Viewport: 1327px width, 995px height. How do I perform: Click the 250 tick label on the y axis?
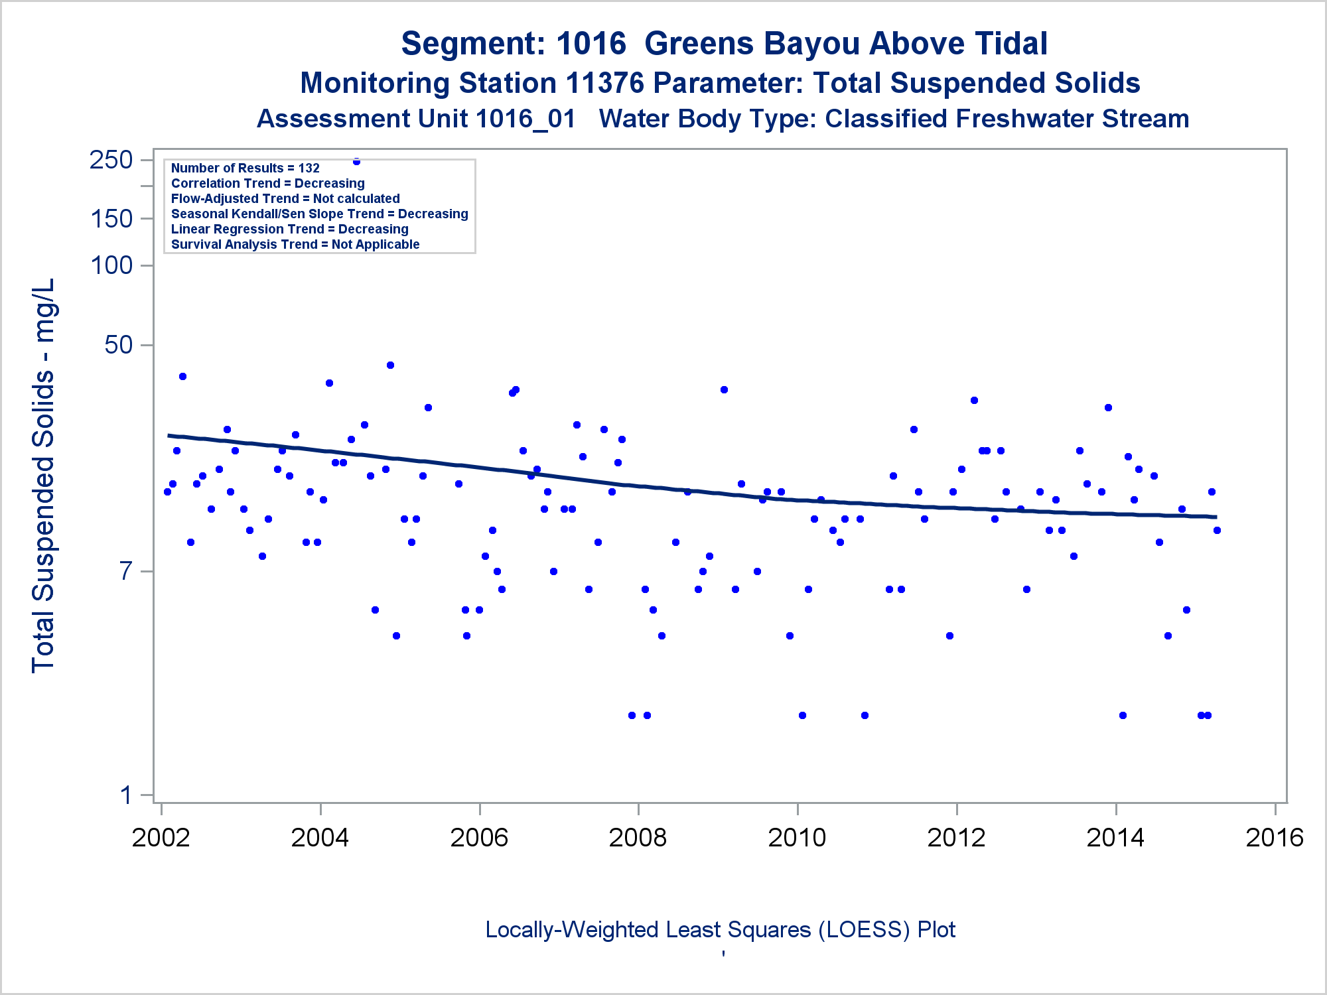pos(111,160)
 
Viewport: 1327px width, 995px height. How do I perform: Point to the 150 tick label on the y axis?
pos(111,219)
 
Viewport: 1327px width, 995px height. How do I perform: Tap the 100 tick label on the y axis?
pos(111,265)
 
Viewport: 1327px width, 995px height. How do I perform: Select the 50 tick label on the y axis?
pos(119,345)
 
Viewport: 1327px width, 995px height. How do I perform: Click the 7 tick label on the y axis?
pos(127,571)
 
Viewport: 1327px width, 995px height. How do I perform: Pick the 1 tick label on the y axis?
pos(127,795)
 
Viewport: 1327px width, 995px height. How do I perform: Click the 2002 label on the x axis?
pos(161,838)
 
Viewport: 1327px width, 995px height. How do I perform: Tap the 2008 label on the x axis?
pos(638,838)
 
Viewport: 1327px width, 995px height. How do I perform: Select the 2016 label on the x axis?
pos(1275,838)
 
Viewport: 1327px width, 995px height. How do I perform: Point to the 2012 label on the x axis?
pos(956,838)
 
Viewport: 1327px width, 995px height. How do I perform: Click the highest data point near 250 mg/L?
pos(356,161)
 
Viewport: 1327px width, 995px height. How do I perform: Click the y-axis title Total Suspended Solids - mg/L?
pos(44,476)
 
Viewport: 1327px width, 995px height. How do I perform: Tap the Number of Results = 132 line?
pos(245,168)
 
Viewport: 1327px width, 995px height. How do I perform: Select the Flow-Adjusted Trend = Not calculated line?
pos(285,199)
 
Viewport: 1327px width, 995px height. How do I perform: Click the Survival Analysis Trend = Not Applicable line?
pos(295,245)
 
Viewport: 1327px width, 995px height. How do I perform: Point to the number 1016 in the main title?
pos(591,44)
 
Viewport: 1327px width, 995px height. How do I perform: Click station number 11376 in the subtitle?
pos(604,84)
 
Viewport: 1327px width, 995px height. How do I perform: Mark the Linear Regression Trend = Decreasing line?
pos(290,230)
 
